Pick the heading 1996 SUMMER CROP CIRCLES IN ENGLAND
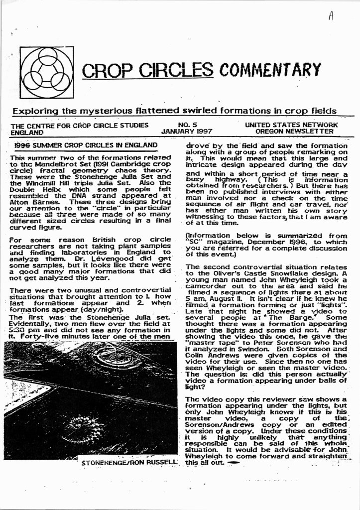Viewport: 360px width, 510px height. (86, 145)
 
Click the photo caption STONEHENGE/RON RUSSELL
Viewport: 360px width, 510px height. (129, 463)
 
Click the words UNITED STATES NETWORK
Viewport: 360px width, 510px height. (291, 125)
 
